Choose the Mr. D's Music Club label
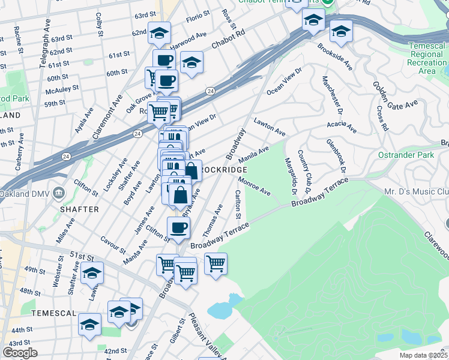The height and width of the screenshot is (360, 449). [417, 192]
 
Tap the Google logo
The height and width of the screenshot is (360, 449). [19, 353]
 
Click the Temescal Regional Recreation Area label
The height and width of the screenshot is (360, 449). [427, 58]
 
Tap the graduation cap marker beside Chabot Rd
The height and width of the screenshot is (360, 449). [191, 62]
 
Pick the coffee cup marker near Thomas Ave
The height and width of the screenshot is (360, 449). [178, 227]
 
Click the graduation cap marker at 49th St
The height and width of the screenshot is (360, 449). [92, 273]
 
